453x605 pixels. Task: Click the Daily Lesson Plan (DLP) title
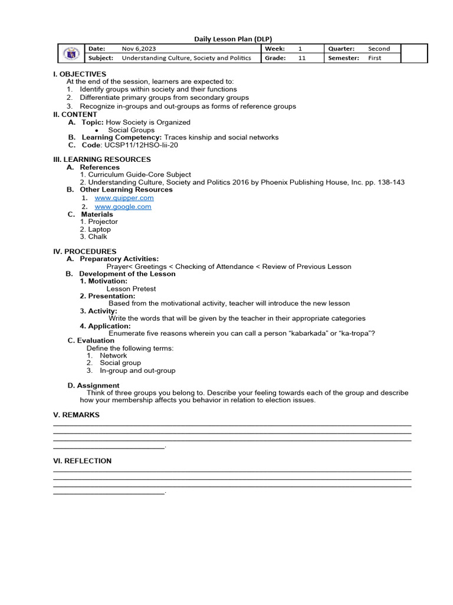coord(233,39)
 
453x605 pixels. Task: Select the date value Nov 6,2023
coord(139,48)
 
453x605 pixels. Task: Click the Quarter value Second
coord(379,48)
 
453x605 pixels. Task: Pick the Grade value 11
coord(302,58)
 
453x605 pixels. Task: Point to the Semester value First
coord(375,58)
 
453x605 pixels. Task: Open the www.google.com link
coord(123,207)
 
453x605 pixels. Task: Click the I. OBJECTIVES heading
coord(80,74)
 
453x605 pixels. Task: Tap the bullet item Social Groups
coord(131,130)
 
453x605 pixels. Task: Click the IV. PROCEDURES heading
coord(84,251)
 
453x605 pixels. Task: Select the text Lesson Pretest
coord(131,289)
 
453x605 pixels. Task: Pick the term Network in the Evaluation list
coord(113,356)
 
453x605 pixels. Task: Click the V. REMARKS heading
coord(76,415)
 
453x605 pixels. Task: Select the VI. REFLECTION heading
coord(82,461)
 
